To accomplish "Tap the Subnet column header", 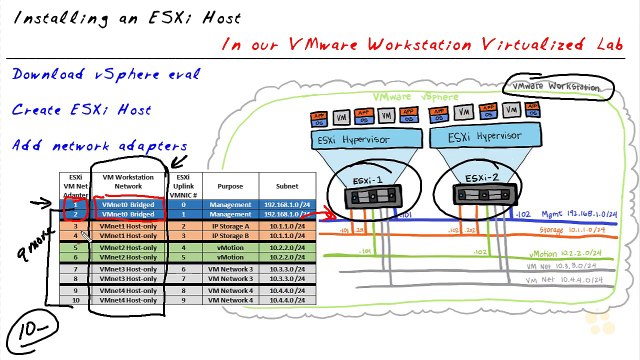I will click(x=279, y=185).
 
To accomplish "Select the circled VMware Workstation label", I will click(x=556, y=87).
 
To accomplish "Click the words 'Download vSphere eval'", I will click(x=106, y=75).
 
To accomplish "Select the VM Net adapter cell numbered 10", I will click(x=75, y=300).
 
